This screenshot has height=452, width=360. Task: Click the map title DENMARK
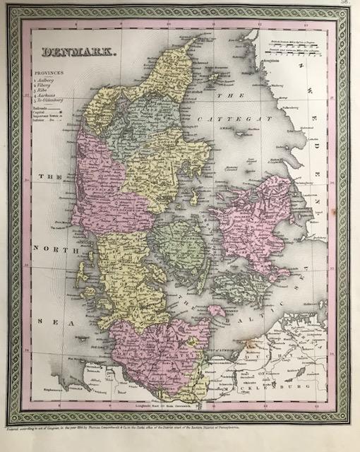[x=71, y=52]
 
